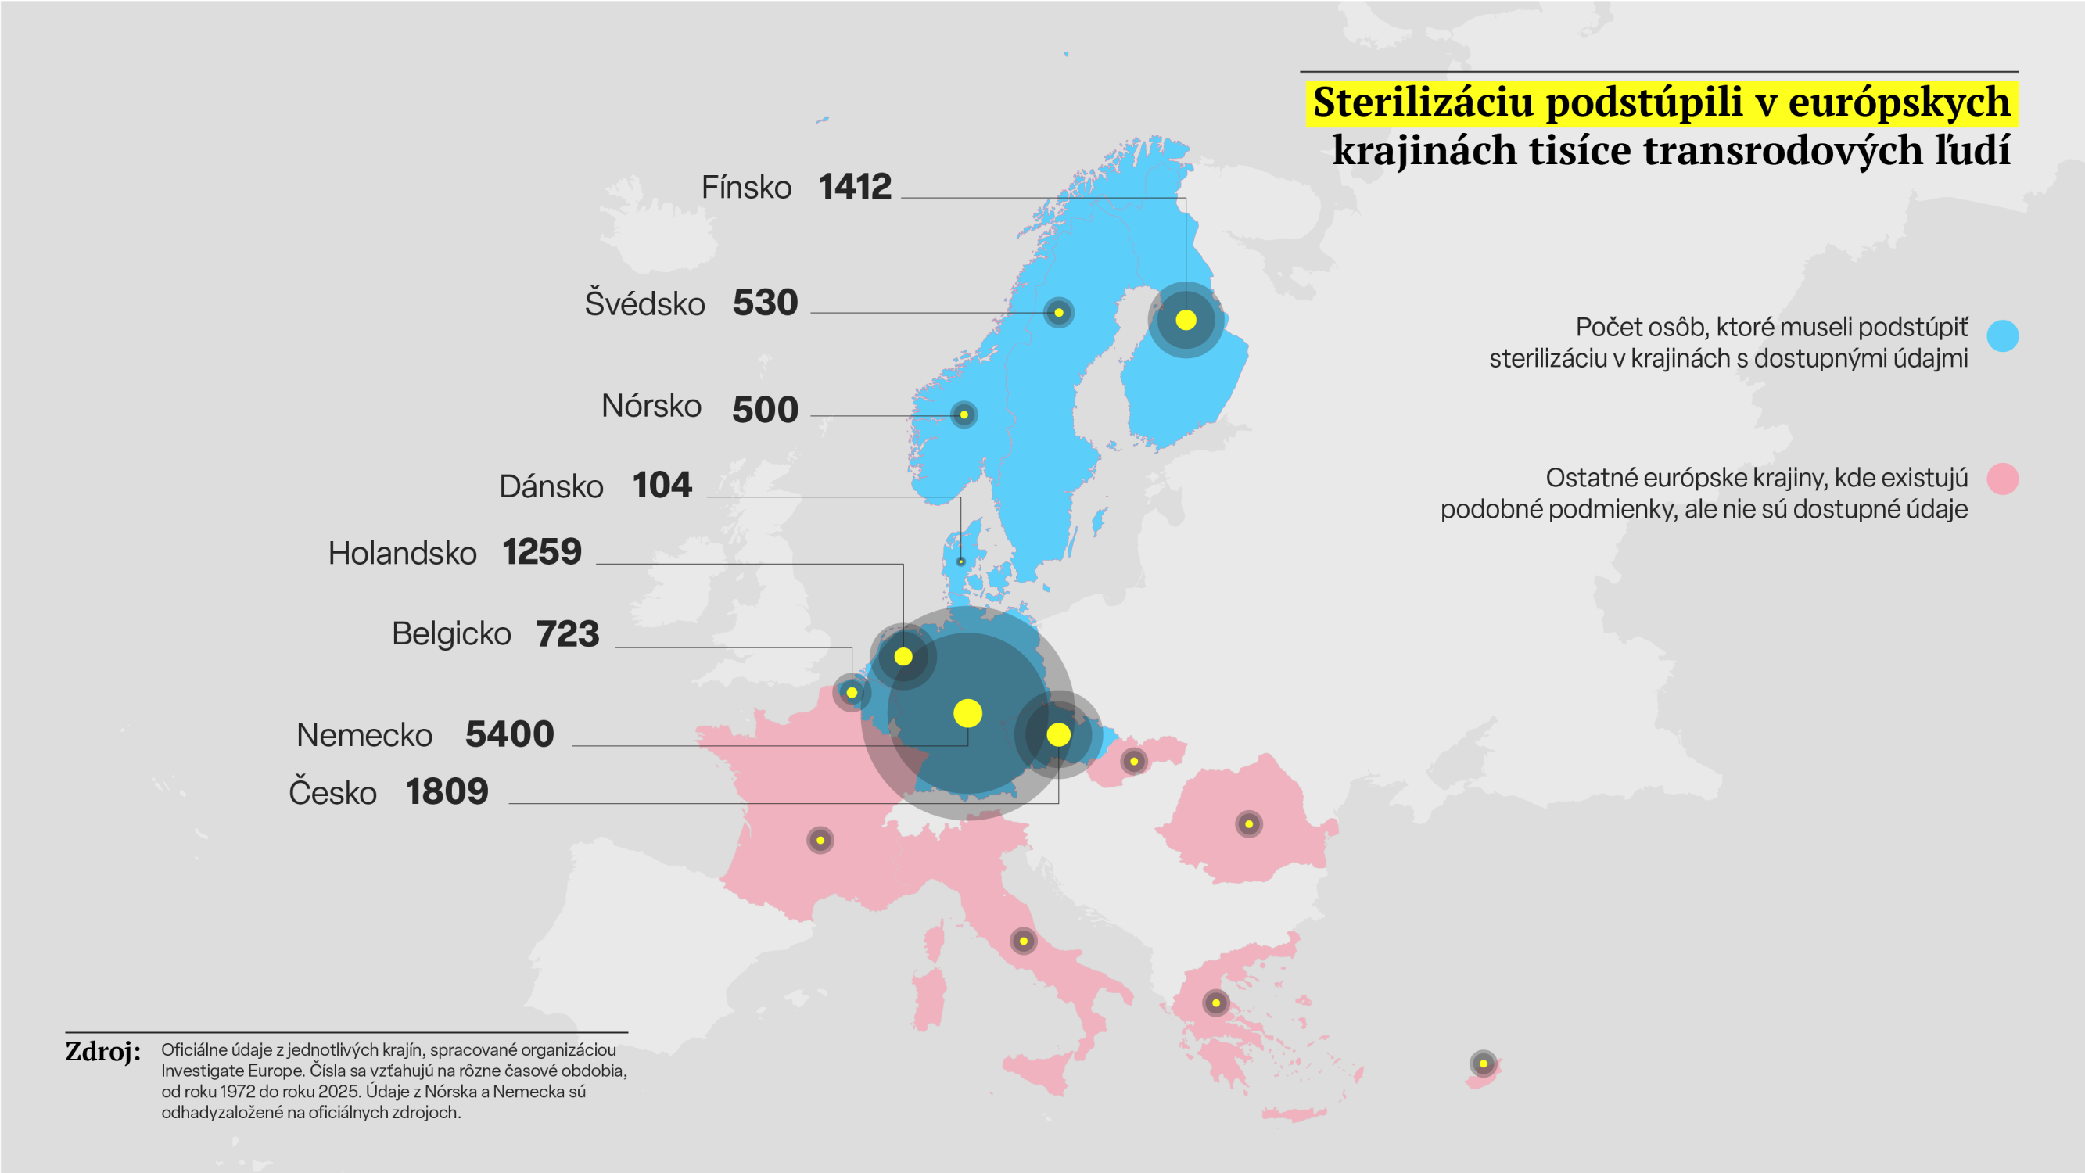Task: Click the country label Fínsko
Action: (745, 187)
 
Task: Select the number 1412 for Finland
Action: (855, 187)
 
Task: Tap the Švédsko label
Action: (645, 303)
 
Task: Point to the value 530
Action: (765, 303)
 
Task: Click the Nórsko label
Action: (651, 406)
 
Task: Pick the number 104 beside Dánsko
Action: (662, 486)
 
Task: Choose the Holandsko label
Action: (402, 553)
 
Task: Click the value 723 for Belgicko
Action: (567, 634)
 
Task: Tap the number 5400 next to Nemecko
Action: (509, 734)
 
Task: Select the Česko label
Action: (332, 791)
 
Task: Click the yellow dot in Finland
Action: (1186, 320)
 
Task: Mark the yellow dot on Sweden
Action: (1059, 313)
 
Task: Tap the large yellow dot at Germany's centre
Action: (967, 713)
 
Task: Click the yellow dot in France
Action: (820, 841)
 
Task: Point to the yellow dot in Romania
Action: (1249, 824)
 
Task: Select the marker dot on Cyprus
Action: (1483, 1064)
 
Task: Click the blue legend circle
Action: (2002, 336)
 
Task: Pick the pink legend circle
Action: (2002, 479)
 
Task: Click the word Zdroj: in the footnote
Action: (102, 1052)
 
